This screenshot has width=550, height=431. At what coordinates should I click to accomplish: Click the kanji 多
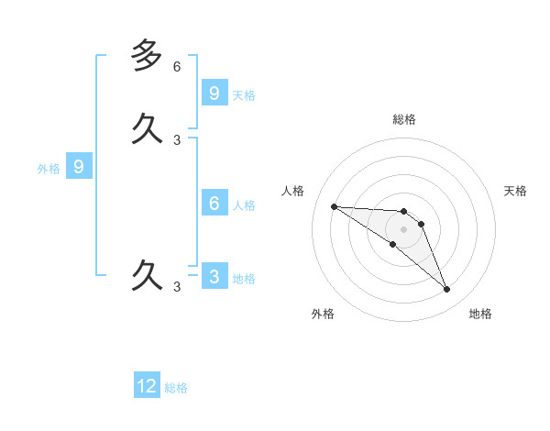point(147,56)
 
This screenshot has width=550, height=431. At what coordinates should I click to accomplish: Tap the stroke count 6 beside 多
point(177,67)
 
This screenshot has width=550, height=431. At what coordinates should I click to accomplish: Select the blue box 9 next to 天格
point(214,93)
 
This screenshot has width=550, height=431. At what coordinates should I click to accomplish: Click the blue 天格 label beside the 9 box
point(244,94)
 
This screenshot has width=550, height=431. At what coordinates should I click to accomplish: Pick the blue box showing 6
point(214,203)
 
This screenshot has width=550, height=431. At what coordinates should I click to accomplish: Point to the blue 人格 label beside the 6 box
point(244,204)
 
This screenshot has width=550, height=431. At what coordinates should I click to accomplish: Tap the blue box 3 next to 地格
point(214,276)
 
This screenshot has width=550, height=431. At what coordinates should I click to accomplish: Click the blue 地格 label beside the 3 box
point(244,279)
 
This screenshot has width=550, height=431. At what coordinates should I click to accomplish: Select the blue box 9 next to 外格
point(79,167)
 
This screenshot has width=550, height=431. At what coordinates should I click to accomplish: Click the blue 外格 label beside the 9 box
point(48,169)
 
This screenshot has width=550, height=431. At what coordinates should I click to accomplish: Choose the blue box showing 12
point(147,386)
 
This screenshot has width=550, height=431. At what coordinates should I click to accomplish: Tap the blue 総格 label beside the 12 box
point(176,388)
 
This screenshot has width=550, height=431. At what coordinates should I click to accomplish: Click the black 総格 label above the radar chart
point(404,119)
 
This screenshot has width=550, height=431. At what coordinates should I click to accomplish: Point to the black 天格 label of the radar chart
point(515,191)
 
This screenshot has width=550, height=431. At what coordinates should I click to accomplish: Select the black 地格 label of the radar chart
point(480,314)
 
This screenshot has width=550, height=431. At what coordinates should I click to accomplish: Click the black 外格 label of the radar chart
point(323,314)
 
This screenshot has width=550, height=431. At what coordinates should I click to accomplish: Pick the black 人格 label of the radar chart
point(292,191)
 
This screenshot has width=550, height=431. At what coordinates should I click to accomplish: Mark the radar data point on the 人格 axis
point(334,206)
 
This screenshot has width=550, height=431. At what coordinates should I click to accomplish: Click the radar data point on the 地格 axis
point(446,290)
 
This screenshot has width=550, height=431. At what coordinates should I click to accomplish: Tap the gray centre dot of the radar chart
point(403,229)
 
